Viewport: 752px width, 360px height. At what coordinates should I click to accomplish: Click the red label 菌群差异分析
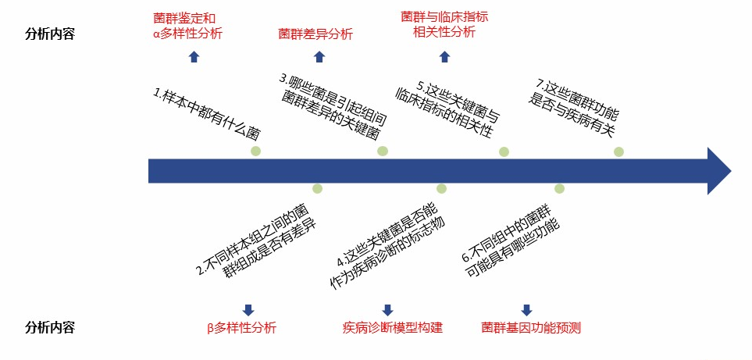pos(315,34)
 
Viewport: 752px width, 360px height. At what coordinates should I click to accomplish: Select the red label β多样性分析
pos(241,328)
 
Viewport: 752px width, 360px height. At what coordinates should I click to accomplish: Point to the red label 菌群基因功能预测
pos(531,328)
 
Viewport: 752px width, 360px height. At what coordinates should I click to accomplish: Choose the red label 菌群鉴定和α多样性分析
pos(187,25)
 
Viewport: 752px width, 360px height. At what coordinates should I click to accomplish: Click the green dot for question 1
pos(255,151)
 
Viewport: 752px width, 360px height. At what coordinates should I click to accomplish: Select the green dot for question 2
pos(317,188)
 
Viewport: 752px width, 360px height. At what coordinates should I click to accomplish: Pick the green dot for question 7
pos(618,151)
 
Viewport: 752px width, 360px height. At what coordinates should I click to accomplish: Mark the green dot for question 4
pos(441,188)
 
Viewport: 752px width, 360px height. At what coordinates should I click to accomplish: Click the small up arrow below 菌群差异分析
pos(319,56)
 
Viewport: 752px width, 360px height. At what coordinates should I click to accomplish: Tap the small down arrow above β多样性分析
pos(248,309)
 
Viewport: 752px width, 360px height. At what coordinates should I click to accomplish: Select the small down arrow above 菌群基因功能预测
pos(526,309)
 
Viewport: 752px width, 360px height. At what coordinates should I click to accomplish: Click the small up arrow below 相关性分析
pos(444,56)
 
